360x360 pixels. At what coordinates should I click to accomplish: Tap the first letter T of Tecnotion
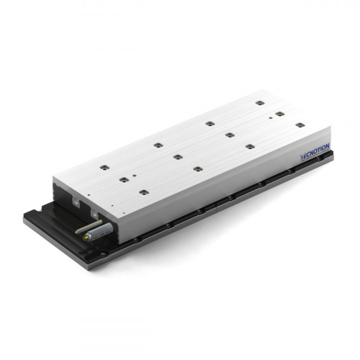pos(302,157)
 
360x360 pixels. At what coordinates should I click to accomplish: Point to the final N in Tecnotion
pos(327,146)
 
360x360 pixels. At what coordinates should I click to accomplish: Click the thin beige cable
pos(89,227)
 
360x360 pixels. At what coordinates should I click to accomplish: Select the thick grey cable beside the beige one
pos(99,232)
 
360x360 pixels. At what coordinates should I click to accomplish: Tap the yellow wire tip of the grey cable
pos(84,238)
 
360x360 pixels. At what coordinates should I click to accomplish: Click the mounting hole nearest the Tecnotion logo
pos(300,125)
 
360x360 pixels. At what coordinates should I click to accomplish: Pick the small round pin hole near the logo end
pos(271,118)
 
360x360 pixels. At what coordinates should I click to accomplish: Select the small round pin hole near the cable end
pos(135,176)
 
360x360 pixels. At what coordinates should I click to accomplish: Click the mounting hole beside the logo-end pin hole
pos(280,114)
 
